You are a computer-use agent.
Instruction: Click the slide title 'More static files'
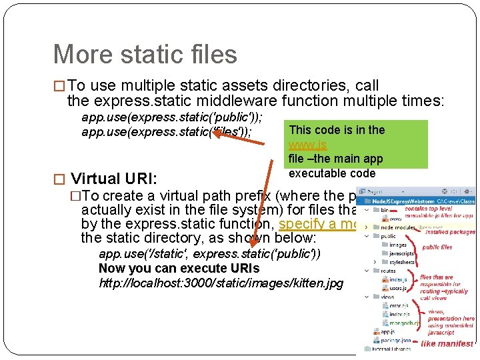145,54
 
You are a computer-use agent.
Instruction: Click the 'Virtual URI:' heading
114,179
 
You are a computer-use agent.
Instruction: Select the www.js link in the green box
307,145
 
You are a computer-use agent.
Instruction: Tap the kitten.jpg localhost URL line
221,283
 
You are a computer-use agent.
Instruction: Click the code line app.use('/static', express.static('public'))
209,254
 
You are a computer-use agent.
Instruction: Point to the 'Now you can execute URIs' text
179,269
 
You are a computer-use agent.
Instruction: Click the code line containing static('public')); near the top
171,117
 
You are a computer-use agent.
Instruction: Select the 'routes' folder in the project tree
388,271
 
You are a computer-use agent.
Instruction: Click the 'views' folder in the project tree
387,297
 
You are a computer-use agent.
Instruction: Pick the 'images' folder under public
397,245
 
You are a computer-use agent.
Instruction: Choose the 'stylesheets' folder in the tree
402,262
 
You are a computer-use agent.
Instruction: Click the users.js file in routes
398,288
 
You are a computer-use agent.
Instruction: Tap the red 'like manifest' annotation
447,344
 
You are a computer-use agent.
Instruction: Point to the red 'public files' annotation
437,247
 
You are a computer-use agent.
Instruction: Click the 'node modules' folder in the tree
398,227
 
